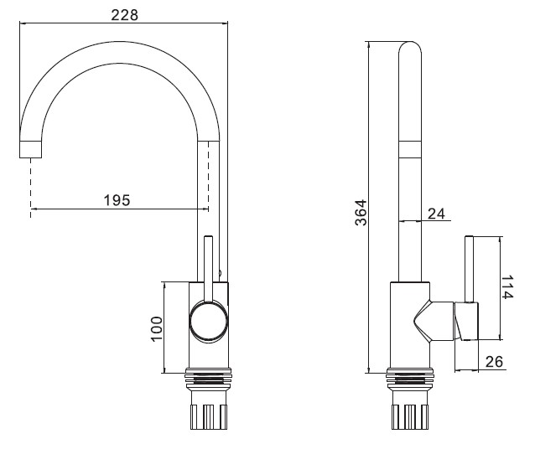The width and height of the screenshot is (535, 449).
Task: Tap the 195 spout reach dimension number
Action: [x=117, y=200]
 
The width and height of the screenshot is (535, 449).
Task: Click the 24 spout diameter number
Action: [x=436, y=214]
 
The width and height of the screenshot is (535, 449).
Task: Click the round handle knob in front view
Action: [x=207, y=321]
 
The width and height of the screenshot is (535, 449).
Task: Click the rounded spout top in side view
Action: [x=410, y=50]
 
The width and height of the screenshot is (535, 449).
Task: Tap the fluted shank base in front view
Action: [x=207, y=415]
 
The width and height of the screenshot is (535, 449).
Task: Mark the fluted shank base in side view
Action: [x=410, y=415]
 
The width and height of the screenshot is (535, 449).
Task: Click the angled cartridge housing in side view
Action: [x=433, y=321]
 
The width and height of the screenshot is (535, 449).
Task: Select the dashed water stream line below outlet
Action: [x=30, y=188]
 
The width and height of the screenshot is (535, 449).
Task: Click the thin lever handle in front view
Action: [x=207, y=268]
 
